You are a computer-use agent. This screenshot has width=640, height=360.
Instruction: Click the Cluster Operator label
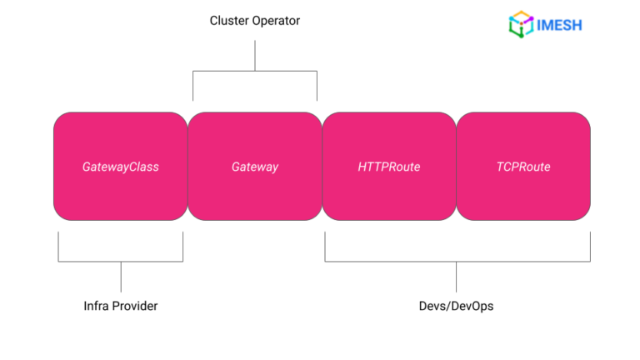click(x=254, y=21)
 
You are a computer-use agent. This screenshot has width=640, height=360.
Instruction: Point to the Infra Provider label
click(x=121, y=306)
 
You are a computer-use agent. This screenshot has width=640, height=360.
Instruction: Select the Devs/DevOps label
click(x=456, y=306)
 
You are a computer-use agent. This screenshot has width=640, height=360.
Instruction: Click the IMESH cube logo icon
click(x=521, y=23)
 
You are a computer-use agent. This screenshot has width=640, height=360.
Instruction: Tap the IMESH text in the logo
click(x=559, y=24)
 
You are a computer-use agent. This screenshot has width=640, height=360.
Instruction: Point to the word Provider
click(x=135, y=306)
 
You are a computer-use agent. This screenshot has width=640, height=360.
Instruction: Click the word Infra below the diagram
click(x=97, y=306)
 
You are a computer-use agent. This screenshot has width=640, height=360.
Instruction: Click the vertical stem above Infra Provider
click(x=121, y=277)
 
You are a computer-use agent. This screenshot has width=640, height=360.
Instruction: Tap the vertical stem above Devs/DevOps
click(x=456, y=277)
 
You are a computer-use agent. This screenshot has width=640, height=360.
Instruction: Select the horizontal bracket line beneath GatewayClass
click(x=121, y=262)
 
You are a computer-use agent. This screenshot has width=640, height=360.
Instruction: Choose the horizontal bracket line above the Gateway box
click(x=255, y=72)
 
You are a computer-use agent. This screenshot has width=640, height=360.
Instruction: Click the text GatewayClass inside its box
click(x=120, y=167)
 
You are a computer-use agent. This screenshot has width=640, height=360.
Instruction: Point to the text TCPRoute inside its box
click(x=523, y=167)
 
